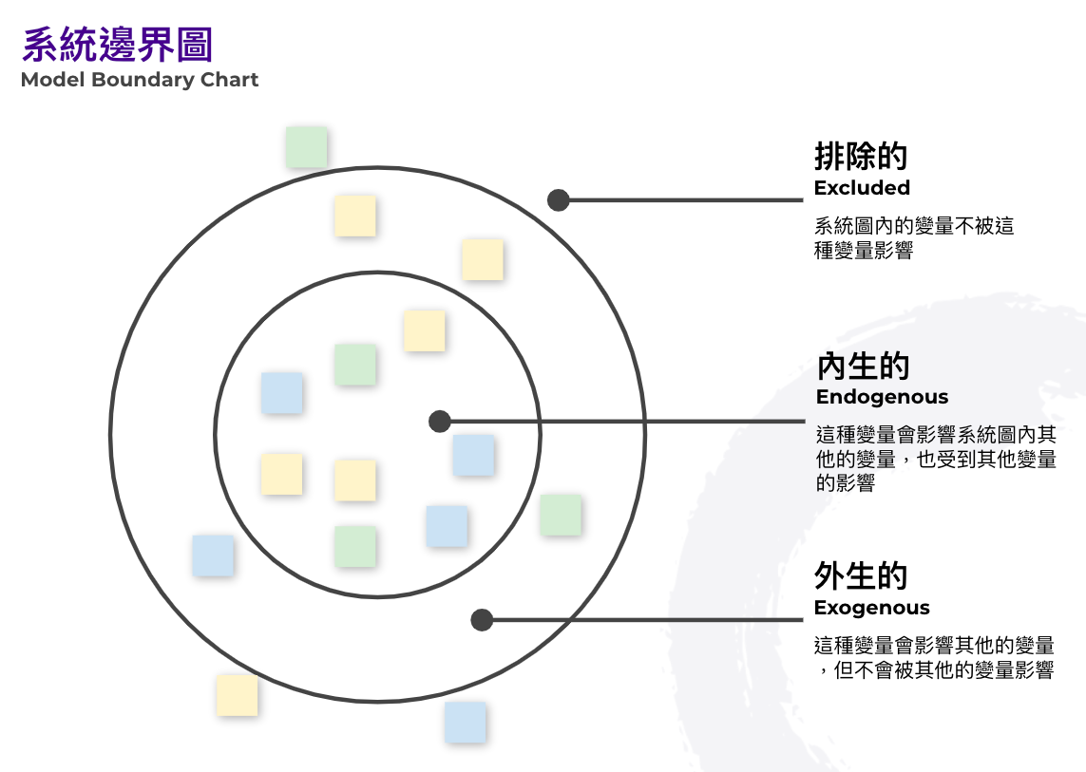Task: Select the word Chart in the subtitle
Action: tap(229, 80)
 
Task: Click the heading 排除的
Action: tap(860, 157)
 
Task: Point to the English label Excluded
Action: tap(862, 188)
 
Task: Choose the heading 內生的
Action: tap(863, 367)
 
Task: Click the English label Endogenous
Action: tap(882, 397)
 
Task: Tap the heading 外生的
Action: tap(860, 576)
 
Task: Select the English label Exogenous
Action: tap(871, 608)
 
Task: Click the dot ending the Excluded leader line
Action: tap(559, 200)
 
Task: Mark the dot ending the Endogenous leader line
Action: tap(439, 421)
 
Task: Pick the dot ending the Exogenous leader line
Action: tap(482, 620)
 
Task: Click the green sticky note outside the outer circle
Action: tap(307, 147)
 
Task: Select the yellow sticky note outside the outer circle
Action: tap(237, 695)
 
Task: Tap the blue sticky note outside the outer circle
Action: tap(466, 723)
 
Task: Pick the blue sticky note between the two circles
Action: tap(213, 555)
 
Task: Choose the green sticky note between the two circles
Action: tap(561, 515)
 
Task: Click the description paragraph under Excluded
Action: tap(913, 239)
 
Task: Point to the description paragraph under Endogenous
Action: tap(936, 459)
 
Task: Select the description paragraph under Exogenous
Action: tap(934, 658)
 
